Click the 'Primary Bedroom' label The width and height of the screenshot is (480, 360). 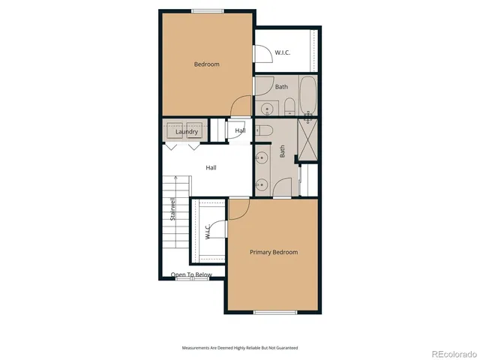pyautogui.click(x=274, y=252)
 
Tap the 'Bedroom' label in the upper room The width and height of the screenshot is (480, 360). pyautogui.click(x=206, y=64)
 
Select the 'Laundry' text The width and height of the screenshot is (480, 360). pyautogui.click(x=187, y=132)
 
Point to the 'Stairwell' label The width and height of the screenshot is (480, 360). pyautogui.click(x=172, y=209)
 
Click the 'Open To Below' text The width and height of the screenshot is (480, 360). pyautogui.click(x=191, y=274)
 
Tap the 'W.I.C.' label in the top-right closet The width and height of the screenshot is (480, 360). pyautogui.click(x=283, y=52)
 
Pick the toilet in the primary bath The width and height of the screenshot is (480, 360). pyautogui.click(x=262, y=130)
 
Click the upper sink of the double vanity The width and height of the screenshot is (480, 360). pyautogui.click(x=262, y=158)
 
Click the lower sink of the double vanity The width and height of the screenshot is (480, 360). pyautogui.click(x=262, y=184)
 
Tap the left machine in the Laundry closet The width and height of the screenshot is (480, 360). pyautogui.click(x=175, y=127)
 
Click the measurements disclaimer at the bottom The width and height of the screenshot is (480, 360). pyautogui.click(x=240, y=347)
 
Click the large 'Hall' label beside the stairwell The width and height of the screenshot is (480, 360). pyautogui.click(x=211, y=167)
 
